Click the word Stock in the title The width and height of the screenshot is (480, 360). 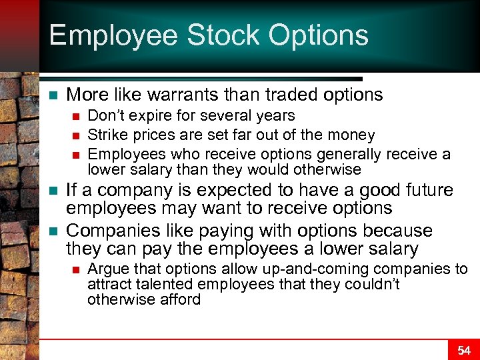221,35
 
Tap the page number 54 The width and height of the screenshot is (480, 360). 463,349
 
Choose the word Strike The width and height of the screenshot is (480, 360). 107,135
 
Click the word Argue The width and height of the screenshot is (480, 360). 105,269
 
